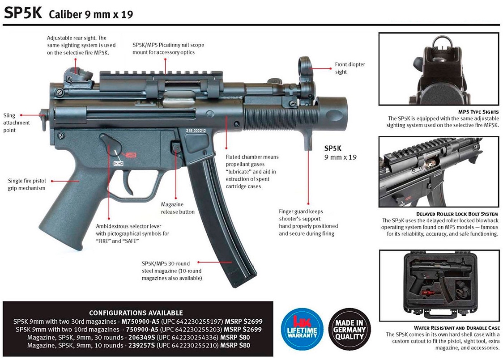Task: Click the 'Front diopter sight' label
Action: (350, 68)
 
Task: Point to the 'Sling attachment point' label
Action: (16, 123)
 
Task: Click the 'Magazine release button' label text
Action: (178, 208)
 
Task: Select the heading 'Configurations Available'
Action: (136, 313)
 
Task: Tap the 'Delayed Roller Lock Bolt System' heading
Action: (457, 214)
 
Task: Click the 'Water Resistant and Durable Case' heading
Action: (456, 328)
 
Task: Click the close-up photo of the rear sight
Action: (439, 68)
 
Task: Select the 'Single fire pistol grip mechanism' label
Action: (27, 184)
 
